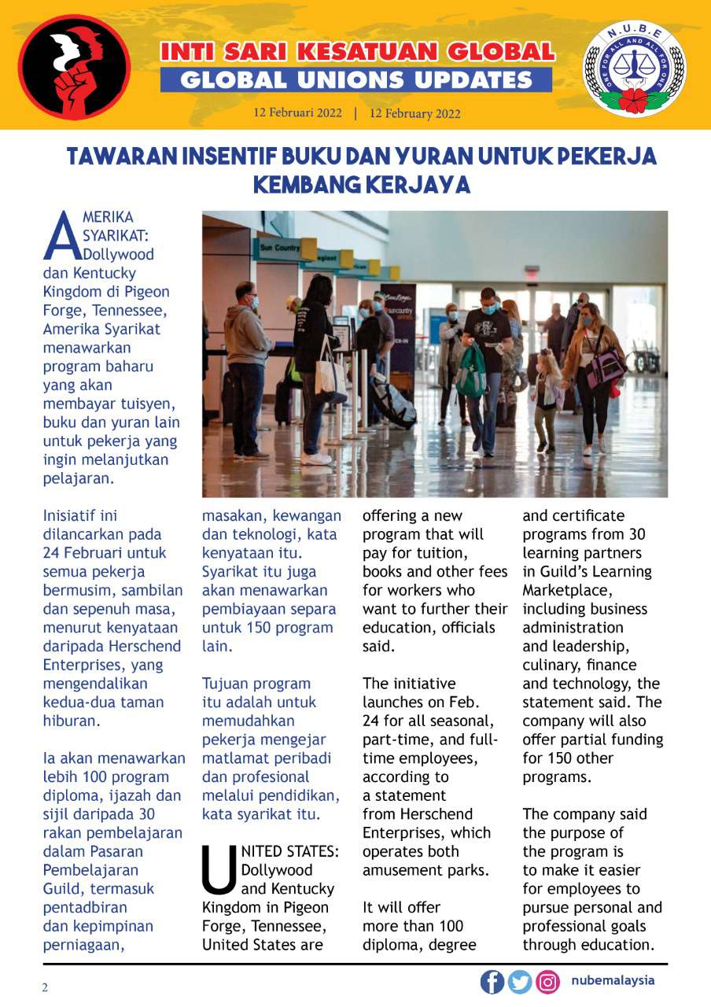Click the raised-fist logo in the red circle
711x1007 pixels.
pyautogui.click(x=75, y=66)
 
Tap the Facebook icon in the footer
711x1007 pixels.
pyautogui.click(x=492, y=981)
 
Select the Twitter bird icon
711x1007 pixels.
pyautogui.click(x=520, y=981)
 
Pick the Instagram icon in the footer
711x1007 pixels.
pyautogui.click(x=547, y=981)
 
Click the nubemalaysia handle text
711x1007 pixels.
pyautogui.click(x=613, y=980)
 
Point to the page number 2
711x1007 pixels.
pyautogui.click(x=45, y=987)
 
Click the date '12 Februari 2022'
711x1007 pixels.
pyautogui.click(x=297, y=113)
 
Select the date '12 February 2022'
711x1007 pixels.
pyautogui.click(x=415, y=113)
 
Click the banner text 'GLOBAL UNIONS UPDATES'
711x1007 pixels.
pyautogui.click(x=356, y=80)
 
